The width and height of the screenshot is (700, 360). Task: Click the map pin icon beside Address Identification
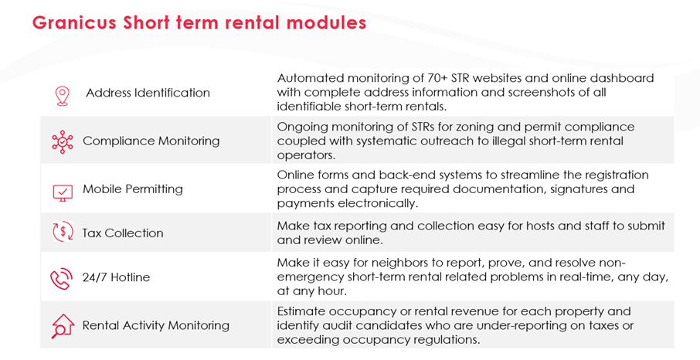pyautogui.click(x=62, y=96)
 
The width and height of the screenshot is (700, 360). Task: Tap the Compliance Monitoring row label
pyautogui.click(x=151, y=141)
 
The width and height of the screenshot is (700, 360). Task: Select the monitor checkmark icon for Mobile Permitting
pyautogui.click(x=63, y=193)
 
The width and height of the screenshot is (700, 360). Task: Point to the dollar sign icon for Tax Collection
pyautogui.click(x=63, y=232)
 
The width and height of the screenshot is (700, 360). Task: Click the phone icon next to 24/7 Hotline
pyautogui.click(x=61, y=278)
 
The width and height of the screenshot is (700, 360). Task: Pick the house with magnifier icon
pyautogui.click(x=63, y=326)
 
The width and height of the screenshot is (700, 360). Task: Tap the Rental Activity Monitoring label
pyautogui.click(x=156, y=325)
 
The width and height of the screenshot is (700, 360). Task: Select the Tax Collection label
pyautogui.click(x=123, y=233)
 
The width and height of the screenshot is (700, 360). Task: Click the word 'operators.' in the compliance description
pyautogui.click(x=306, y=155)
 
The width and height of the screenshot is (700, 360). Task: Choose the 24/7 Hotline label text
pyautogui.click(x=116, y=277)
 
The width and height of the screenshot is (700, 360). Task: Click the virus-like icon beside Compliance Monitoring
pyautogui.click(x=63, y=142)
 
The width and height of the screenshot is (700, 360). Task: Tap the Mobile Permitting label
pyautogui.click(x=133, y=189)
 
